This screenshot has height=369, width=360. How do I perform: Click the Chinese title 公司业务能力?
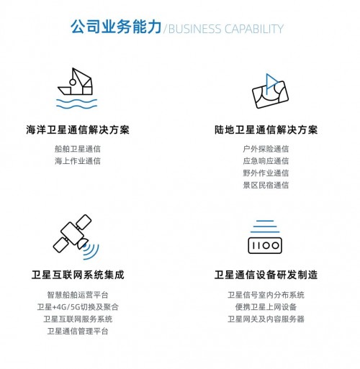point(116,27)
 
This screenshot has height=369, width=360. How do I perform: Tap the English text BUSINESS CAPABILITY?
point(226,29)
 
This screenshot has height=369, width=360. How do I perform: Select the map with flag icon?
point(270,91)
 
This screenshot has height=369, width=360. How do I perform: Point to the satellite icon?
point(72,234)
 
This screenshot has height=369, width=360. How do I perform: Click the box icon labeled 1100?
point(265,245)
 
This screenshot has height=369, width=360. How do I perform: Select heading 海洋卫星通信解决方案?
point(78,130)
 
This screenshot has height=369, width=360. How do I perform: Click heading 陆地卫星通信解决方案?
point(266,130)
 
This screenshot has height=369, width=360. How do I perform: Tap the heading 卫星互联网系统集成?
point(78,275)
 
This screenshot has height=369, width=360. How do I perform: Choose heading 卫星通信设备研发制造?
point(266,275)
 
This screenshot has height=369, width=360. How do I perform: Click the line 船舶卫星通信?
point(78,149)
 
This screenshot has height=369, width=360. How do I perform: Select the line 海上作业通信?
point(78,161)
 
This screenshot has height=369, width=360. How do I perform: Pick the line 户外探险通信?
point(266,149)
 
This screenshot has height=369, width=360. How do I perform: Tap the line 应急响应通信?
point(266,161)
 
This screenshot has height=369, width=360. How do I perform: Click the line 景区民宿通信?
point(266,185)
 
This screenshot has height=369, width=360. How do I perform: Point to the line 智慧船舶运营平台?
point(78,295)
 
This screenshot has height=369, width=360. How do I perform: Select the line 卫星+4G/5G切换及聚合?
point(78,307)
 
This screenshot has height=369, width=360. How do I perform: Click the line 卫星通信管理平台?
point(78,331)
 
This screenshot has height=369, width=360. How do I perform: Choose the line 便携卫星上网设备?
point(266,307)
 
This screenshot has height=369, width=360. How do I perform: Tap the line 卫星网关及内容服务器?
point(266,319)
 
